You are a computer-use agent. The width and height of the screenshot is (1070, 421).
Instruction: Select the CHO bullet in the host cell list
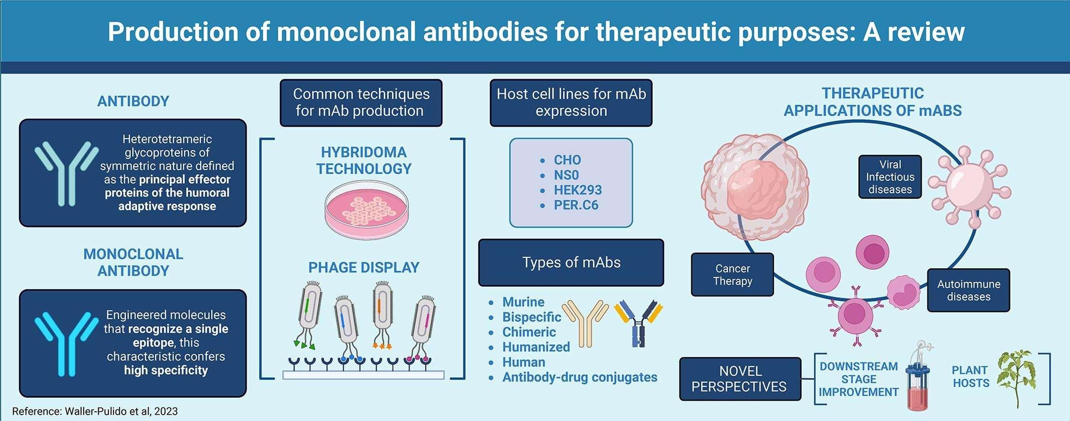click(567, 160)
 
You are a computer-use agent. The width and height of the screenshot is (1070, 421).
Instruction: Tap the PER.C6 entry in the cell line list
click(576, 205)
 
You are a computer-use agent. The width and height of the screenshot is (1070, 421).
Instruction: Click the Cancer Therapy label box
click(732, 275)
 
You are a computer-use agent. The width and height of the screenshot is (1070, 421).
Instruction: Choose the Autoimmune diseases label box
click(968, 290)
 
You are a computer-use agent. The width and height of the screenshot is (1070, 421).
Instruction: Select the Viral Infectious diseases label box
click(890, 177)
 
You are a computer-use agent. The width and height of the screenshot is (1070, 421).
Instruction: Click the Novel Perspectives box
click(740, 379)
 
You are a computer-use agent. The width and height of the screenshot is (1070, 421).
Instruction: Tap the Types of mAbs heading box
click(571, 262)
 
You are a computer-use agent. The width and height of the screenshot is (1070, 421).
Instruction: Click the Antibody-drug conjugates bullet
click(579, 377)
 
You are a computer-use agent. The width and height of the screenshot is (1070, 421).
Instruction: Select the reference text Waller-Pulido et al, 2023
click(95, 411)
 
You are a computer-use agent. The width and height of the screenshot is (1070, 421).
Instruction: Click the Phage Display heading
click(364, 267)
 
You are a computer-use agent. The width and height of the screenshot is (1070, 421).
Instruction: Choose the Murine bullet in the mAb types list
click(523, 302)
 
